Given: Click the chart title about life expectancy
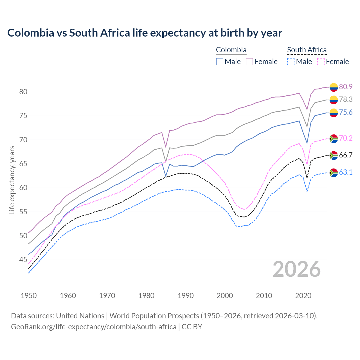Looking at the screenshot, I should pos(145,33).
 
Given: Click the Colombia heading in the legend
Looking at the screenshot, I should pos(231,50).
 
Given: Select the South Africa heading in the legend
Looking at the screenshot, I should pos(307,50).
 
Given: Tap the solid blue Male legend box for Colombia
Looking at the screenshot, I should pos(220,62).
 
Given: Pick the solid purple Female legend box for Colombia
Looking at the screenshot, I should pos(249,62).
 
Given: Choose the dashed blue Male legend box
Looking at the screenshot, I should pos(291,62).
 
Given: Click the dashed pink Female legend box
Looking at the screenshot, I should pos(321,62).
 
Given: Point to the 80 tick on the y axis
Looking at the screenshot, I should pos(23,92).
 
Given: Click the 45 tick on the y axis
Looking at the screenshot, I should pos(23,260).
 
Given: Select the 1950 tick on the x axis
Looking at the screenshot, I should pos(29,296).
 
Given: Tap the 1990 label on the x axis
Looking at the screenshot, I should pos(186,296).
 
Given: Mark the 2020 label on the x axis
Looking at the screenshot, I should pos(303,296).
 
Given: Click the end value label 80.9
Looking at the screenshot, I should pos(346,87).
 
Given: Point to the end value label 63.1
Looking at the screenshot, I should pos(346,172).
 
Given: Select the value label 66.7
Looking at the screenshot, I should pos(346,155).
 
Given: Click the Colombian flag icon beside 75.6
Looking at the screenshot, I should pos(334,113).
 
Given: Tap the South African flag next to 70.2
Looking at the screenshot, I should pos(334,138).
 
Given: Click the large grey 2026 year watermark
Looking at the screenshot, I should pos(297,269).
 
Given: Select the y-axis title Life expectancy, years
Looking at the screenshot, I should pos(12,180).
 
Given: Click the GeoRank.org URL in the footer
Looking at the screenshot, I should pos(94,327).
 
